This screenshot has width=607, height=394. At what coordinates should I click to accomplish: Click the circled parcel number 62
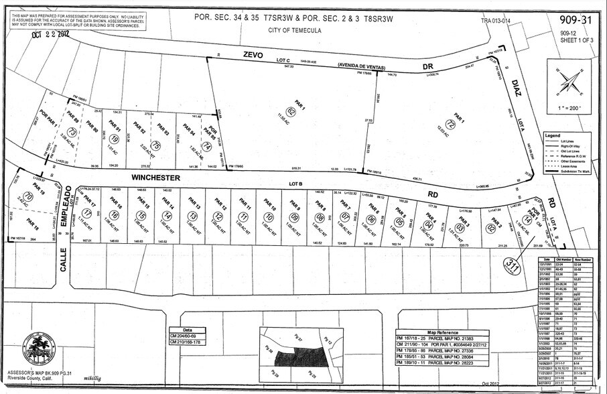point(291,111)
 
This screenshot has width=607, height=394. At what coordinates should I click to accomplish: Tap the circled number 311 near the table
point(514,265)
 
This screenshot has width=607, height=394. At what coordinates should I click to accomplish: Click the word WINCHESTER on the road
point(156,178)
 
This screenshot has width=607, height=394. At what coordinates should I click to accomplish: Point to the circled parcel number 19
point(115,139)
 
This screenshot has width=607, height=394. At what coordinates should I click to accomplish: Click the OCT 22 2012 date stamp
point(50,36)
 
